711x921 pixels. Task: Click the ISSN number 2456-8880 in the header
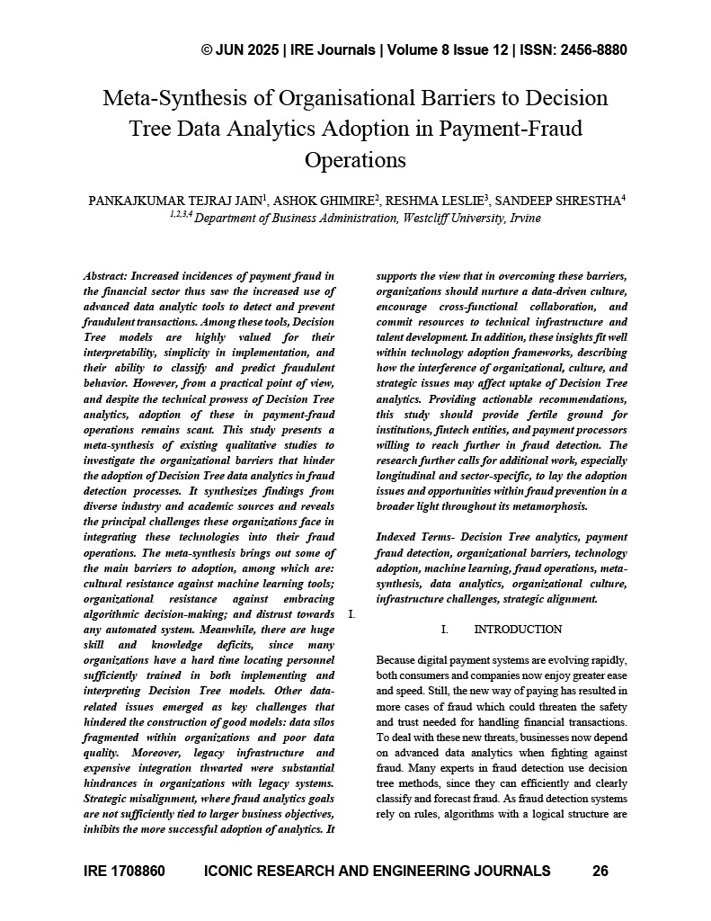pos(584,49)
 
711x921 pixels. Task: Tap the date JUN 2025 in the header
pos(247,49)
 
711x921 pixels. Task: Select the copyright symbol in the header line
pos(208,49)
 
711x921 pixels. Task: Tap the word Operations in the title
pos(356,160)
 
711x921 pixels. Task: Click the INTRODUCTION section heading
pos(518,630)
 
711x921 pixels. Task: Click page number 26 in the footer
pos(600,871)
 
